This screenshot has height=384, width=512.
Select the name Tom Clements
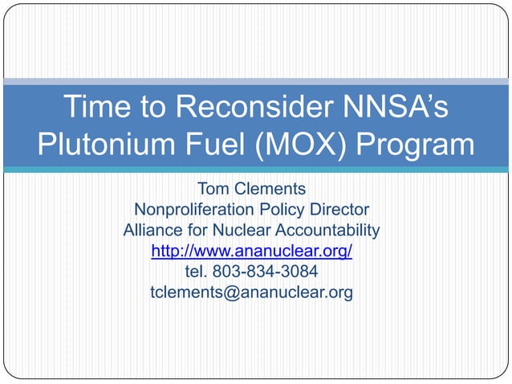(x=251, y=190)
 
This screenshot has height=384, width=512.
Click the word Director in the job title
(x=339, y=210)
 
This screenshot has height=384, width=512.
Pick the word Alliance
(x=152, y=231)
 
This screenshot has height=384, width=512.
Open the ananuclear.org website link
(x=251, y=251)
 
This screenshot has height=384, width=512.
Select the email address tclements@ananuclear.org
(x=251, y=292)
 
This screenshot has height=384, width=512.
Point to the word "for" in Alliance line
(x=197, y=231)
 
